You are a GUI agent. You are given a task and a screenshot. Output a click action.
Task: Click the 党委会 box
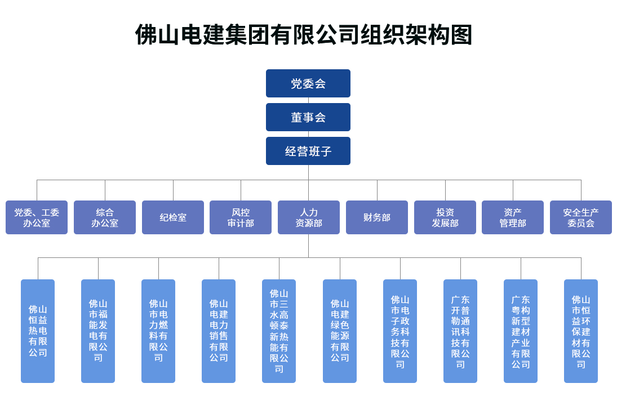(308, 83)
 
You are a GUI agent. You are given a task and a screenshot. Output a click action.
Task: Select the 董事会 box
(308, 117)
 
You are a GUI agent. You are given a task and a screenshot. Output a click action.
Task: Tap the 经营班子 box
(308, 151)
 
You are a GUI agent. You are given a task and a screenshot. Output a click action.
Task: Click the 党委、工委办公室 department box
(37, 217)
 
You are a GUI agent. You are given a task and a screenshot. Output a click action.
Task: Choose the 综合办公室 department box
(105, 217)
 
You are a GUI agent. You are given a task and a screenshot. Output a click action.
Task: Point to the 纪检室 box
(173, 217)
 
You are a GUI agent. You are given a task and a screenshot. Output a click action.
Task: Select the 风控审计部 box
(241, 217)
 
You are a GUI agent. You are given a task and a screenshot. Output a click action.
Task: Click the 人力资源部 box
(309, 217)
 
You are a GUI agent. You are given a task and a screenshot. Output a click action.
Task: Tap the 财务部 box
(376, 217)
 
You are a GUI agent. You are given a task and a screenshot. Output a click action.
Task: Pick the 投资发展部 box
(445, 217)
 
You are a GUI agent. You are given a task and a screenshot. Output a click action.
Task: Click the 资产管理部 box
(512, 217)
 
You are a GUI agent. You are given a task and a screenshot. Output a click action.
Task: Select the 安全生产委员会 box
(580, 217)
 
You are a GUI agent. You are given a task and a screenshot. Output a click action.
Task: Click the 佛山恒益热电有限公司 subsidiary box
(38, 331)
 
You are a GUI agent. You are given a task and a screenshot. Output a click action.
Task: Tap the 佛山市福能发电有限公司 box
(98, 331)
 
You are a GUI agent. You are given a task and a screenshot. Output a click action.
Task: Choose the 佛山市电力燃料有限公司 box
(158, 331)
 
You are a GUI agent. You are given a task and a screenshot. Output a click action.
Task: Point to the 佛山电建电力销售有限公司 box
(219, 331)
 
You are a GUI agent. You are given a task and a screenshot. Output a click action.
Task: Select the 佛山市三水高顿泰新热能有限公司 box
(279, 331)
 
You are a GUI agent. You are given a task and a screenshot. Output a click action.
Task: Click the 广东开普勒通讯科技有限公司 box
(460, 331)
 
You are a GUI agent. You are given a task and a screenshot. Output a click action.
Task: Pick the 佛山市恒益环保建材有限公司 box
(581, 331)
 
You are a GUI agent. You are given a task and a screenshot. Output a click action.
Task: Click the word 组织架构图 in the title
(416, 34)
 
